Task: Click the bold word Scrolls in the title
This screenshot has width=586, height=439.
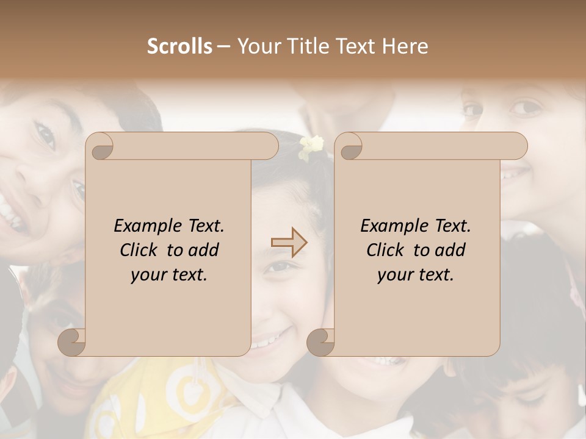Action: click(179, 46)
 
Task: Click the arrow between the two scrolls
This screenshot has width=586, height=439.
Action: click(289, 243)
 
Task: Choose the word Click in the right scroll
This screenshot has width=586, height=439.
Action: click(385, 250)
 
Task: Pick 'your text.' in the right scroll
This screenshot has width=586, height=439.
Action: click(416, 274)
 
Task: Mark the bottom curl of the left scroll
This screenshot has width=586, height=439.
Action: click(72, 342)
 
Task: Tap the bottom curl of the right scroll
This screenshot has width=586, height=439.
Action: click(320, 342)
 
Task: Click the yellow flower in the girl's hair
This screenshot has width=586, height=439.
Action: click(311, 146)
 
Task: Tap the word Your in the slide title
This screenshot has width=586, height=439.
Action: click(257, 46)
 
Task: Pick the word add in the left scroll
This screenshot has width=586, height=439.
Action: click(203, 250)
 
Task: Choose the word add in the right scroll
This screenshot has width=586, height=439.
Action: click(450, 250)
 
